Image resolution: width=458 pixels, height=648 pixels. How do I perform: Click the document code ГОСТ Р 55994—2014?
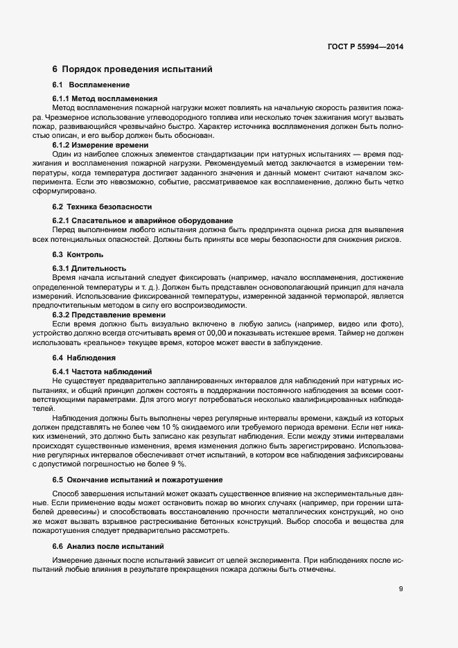coord(365,47)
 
